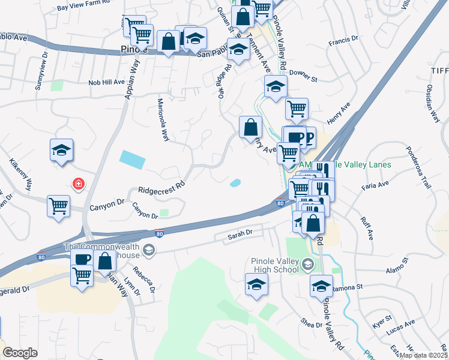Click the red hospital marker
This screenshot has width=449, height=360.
pos(78,184)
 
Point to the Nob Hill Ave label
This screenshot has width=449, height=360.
pos(106,82)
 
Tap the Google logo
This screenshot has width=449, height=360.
pos(20,353)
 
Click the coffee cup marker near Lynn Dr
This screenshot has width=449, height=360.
pos(82,259)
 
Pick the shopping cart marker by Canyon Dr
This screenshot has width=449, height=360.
pos(59,206)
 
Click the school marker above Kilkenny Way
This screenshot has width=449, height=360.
pos(61,150)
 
